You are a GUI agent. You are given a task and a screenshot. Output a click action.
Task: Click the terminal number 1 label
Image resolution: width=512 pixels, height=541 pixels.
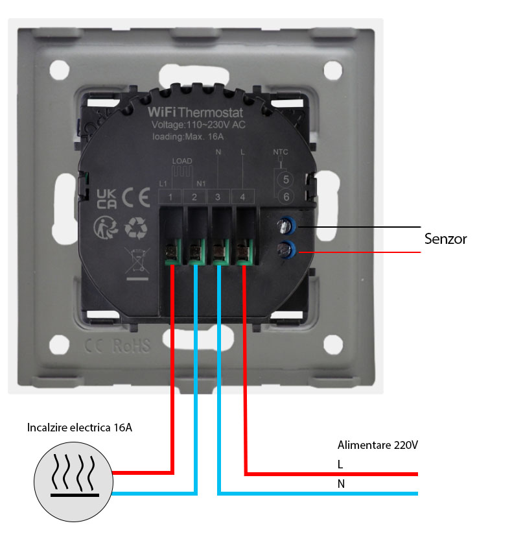tap(170, 197)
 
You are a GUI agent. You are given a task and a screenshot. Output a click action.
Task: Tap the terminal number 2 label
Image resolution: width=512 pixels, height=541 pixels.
tap(194, 197)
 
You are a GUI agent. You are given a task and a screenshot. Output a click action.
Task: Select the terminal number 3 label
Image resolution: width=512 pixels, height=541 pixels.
tap(218, 197)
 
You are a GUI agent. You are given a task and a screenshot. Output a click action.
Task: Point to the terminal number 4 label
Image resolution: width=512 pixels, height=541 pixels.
tap(242, 197)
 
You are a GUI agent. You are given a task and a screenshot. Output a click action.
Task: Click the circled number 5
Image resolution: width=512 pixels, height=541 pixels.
tap(283, 178)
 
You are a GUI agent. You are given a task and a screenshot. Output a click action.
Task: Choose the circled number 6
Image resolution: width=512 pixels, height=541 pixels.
tap(283, 197)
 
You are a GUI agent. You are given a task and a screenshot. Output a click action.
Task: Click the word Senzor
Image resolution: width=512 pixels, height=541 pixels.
tap(445, 239)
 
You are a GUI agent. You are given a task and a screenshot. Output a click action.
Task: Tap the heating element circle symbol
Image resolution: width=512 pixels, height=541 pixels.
tap(73, 483)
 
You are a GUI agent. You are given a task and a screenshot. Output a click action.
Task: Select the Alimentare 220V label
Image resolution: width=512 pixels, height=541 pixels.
tap(378, 445)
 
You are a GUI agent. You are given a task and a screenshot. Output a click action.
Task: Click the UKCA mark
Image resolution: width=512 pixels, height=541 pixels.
tap(106, 198)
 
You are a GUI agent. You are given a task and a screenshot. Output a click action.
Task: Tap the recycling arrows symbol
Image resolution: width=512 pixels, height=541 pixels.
tap(136, 228)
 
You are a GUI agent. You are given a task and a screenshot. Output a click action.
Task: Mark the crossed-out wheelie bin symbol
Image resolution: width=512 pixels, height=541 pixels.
tap(136, 262)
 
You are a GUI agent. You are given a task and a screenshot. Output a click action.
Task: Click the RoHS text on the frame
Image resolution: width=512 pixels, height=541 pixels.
tap(131, 345)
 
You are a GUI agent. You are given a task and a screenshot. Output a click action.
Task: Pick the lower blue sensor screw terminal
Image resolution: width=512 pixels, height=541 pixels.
tap(285, 247)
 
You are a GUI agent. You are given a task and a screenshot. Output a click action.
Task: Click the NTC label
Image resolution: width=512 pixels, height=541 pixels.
tap(281, 152)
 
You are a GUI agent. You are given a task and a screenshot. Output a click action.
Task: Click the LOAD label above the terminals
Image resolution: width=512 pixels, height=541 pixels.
tap(182, 160)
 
